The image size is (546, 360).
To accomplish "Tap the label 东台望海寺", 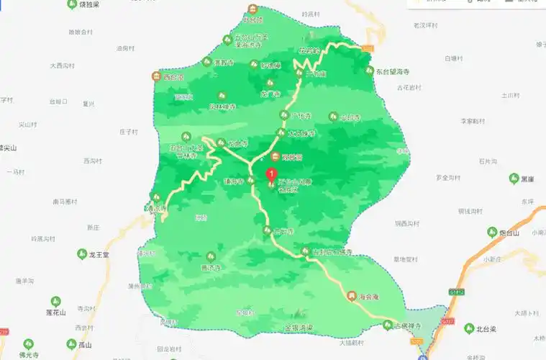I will [x=397, y=72].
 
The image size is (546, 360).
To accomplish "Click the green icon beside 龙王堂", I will [x=82, y=254].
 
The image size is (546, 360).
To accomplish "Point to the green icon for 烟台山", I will [x=493, y=233].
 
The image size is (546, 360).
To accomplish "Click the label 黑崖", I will [x=528, y=179].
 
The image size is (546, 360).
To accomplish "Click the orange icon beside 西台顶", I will [x=155, y=76].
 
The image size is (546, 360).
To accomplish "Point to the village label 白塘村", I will [x=455, y=58].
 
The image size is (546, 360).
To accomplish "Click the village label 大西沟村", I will [x=63, y=66].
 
